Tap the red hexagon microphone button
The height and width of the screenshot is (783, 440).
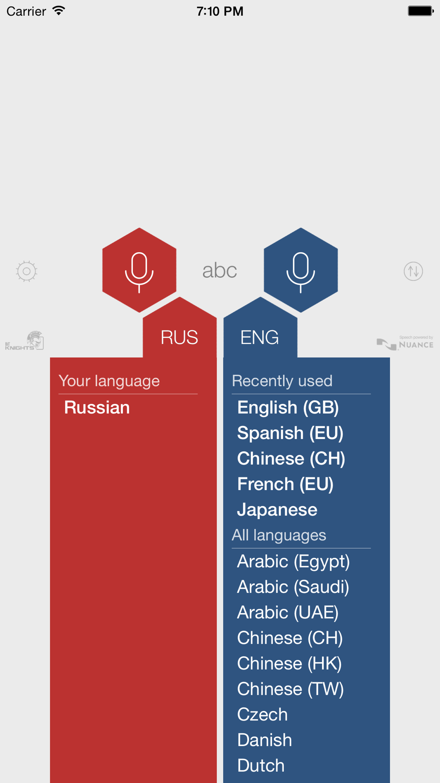[x=139, y=270]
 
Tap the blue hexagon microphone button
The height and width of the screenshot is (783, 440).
[x=301, y=270]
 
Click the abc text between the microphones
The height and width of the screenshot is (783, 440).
[x=220, y=270]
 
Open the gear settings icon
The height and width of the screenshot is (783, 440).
[x=26, y=271]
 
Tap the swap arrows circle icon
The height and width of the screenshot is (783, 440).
[x=413, y=271]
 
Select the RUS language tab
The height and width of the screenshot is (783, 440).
[x=179, y=337]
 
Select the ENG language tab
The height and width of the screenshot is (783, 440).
[x=260, y=337]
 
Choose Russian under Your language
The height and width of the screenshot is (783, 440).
[x=97, y=407]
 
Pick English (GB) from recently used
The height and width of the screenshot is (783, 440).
[x=288, y=408]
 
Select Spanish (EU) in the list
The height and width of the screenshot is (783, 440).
[x=290, y=433]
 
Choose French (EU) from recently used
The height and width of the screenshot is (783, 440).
[x=285, y=484]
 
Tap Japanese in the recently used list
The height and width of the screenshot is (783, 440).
[x=277, y=510]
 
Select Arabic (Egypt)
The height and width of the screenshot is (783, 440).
[x=293, y=562]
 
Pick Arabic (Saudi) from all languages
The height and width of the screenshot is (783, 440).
[x=293, y=587]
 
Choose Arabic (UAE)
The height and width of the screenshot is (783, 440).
[x=288, y=613]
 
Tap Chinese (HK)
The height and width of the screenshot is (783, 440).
[x=290, y=664]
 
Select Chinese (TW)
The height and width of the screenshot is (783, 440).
[x=290, y=690]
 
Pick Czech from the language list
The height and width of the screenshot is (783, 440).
[x=262, y=715]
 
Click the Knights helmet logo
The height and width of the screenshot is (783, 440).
[x=25, y=340]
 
